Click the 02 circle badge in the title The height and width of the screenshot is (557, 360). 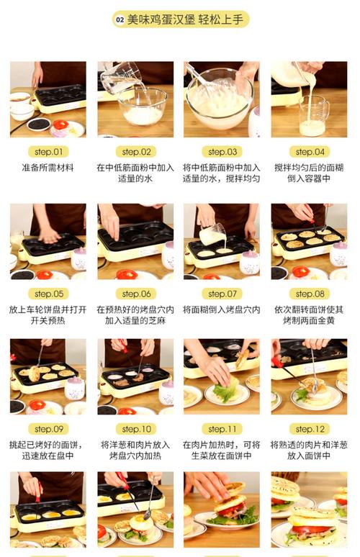[x=120, y=20]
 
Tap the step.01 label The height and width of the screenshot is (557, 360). [x=48, y=152]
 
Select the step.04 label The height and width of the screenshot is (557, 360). [x=310, y=152]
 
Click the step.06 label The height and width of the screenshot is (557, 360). [x=137, y=294]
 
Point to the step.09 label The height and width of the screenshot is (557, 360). [x=48, y=429]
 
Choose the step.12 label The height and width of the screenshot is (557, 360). [x=310, y=429]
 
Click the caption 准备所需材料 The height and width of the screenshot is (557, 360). [x=48, y=168]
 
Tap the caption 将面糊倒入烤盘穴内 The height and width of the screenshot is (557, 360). [x=222, y=309]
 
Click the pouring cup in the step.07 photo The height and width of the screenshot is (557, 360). [x=213, y=234]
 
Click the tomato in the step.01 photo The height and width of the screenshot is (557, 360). [x=60, y=125]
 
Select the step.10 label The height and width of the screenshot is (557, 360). [x=137, y=429]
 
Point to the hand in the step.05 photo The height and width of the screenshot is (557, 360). [x=49, y=235]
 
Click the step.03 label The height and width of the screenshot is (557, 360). [x=222, y=152]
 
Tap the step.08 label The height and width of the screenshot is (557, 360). [x=310, y=294]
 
